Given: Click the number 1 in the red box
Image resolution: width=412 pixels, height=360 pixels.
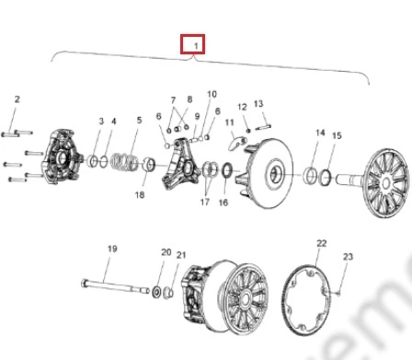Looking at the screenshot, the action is coord(196,46).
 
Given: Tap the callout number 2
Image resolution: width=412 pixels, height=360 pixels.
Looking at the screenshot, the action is coord(17,99).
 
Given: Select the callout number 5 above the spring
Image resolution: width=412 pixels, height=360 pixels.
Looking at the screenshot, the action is coord(140,120).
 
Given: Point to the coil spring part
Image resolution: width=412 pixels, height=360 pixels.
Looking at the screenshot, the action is coord(124,161).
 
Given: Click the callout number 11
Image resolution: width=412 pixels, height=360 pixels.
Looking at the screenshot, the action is coord(229,122).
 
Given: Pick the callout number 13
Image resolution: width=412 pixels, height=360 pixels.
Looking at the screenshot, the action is coord(258,104).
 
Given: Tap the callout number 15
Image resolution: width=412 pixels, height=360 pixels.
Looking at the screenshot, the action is coord(337,135).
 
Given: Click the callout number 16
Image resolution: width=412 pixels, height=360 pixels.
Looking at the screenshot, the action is coord(223,203).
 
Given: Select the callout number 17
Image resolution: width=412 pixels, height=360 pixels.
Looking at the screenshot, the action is coord(205,202).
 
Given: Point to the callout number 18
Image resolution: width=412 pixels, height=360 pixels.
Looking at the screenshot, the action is coord(140,194).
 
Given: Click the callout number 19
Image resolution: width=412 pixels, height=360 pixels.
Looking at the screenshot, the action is coord(112,249).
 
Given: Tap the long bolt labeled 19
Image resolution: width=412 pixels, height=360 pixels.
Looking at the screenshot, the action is coord(115,286).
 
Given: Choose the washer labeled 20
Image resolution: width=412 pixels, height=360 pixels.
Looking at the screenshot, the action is coord(156,291).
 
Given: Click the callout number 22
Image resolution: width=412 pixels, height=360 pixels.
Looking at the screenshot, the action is coord(321,243).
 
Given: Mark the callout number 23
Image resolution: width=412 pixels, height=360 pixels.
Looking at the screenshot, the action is coord(348,257).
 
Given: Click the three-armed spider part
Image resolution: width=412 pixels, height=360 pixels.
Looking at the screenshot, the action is coord(181,164).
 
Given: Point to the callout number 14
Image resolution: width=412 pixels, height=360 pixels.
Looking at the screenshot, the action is coord(320,133).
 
